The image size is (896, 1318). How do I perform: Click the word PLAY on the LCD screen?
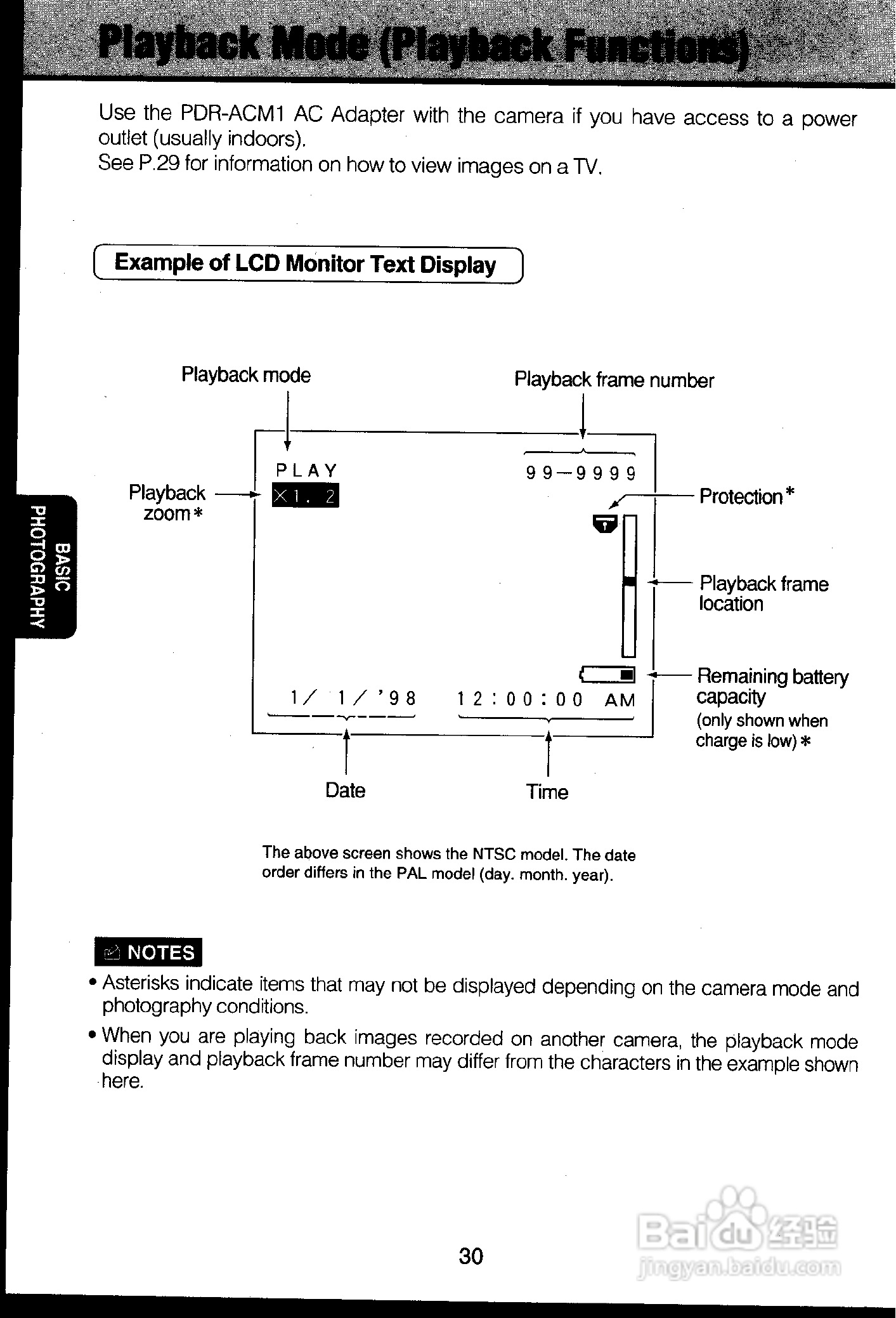tap(307, 471)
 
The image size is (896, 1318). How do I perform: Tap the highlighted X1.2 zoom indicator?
tap(306, 496)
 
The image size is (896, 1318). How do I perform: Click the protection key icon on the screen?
tap(604, 524)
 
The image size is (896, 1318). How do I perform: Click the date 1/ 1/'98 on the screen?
tap(353, 699)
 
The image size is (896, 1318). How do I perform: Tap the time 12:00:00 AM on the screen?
tap(546, 700)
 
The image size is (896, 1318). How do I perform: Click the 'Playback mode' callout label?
tap(246, 375)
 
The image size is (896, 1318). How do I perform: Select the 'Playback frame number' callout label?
tap(614, 380)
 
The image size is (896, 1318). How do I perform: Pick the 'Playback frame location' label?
tap(763, 593)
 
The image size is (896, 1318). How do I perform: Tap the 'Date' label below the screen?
tap(345, 791)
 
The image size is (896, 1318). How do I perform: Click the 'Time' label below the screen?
tap(547, 792)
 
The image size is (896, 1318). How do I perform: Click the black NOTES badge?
tap(148, 952)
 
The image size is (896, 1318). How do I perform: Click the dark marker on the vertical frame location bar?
tap(629, 581)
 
